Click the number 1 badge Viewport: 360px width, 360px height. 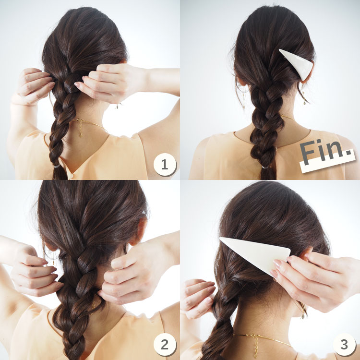(x=165, y=164)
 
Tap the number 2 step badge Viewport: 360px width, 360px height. (x=165, y=344)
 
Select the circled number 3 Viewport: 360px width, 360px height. (x=344, y=344)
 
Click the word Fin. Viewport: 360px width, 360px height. (x=325, y=152)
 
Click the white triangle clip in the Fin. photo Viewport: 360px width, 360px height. (x=298, y=63)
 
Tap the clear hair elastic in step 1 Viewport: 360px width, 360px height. (x=57, y=166)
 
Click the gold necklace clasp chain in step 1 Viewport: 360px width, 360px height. (x=81, y=128)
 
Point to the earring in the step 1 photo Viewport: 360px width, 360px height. (x=118, y=106)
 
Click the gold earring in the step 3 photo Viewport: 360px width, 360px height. (x=303, y=311)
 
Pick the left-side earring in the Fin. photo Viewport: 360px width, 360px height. (x=243, y=99)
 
